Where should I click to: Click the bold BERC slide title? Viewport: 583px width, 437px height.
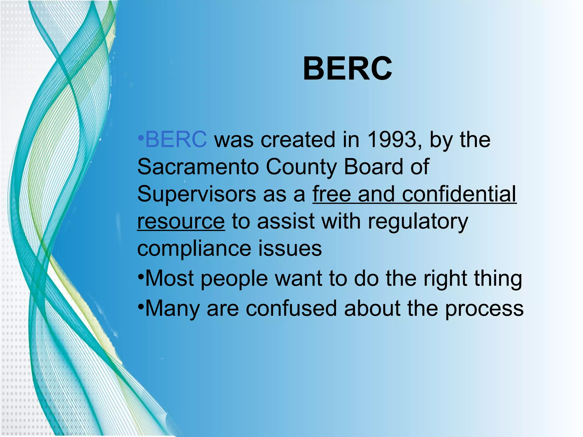click(x=347, y=69)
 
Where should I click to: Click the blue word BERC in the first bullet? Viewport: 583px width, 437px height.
click(x=176, y=139)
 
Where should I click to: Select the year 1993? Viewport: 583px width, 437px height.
click(x=391, y=139)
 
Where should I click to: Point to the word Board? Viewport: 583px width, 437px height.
click(x=373, y=167)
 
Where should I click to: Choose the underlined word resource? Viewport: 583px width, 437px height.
click(x=181, y=221)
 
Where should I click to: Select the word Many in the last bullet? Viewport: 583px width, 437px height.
click(x=173, y=309)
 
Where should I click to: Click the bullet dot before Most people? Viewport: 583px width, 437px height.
click(x=141, y=277)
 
